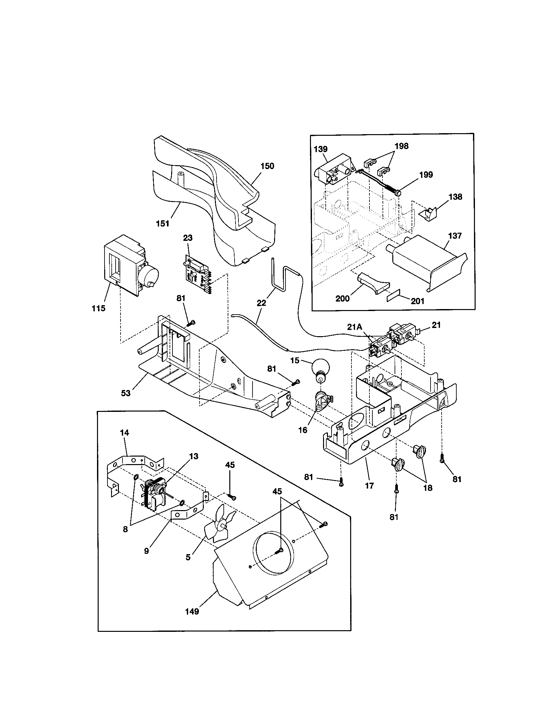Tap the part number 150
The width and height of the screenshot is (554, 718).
pyautogui.click(x=267, y=166)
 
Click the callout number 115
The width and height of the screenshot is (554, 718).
pyautogui.click(x=99, y=308)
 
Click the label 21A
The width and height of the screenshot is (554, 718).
pyautogui.click(x=354, y=326)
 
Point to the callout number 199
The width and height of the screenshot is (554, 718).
pyautogui.click(x=426, y=175)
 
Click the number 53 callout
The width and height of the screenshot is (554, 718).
pyautogui.click(x=126, y=393)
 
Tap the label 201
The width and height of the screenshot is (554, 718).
pyautogui.click(x=418, y=301)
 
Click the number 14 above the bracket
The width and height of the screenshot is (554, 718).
pyautogui.click(x=124, y=433)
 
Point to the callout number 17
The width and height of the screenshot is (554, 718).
pyautogui.click(x=369, y=485)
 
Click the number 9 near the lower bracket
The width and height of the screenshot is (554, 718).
pyautogui.click(x=146, y=551)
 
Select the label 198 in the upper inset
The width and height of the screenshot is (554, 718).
pyautogui.click(x=401, y=146)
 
